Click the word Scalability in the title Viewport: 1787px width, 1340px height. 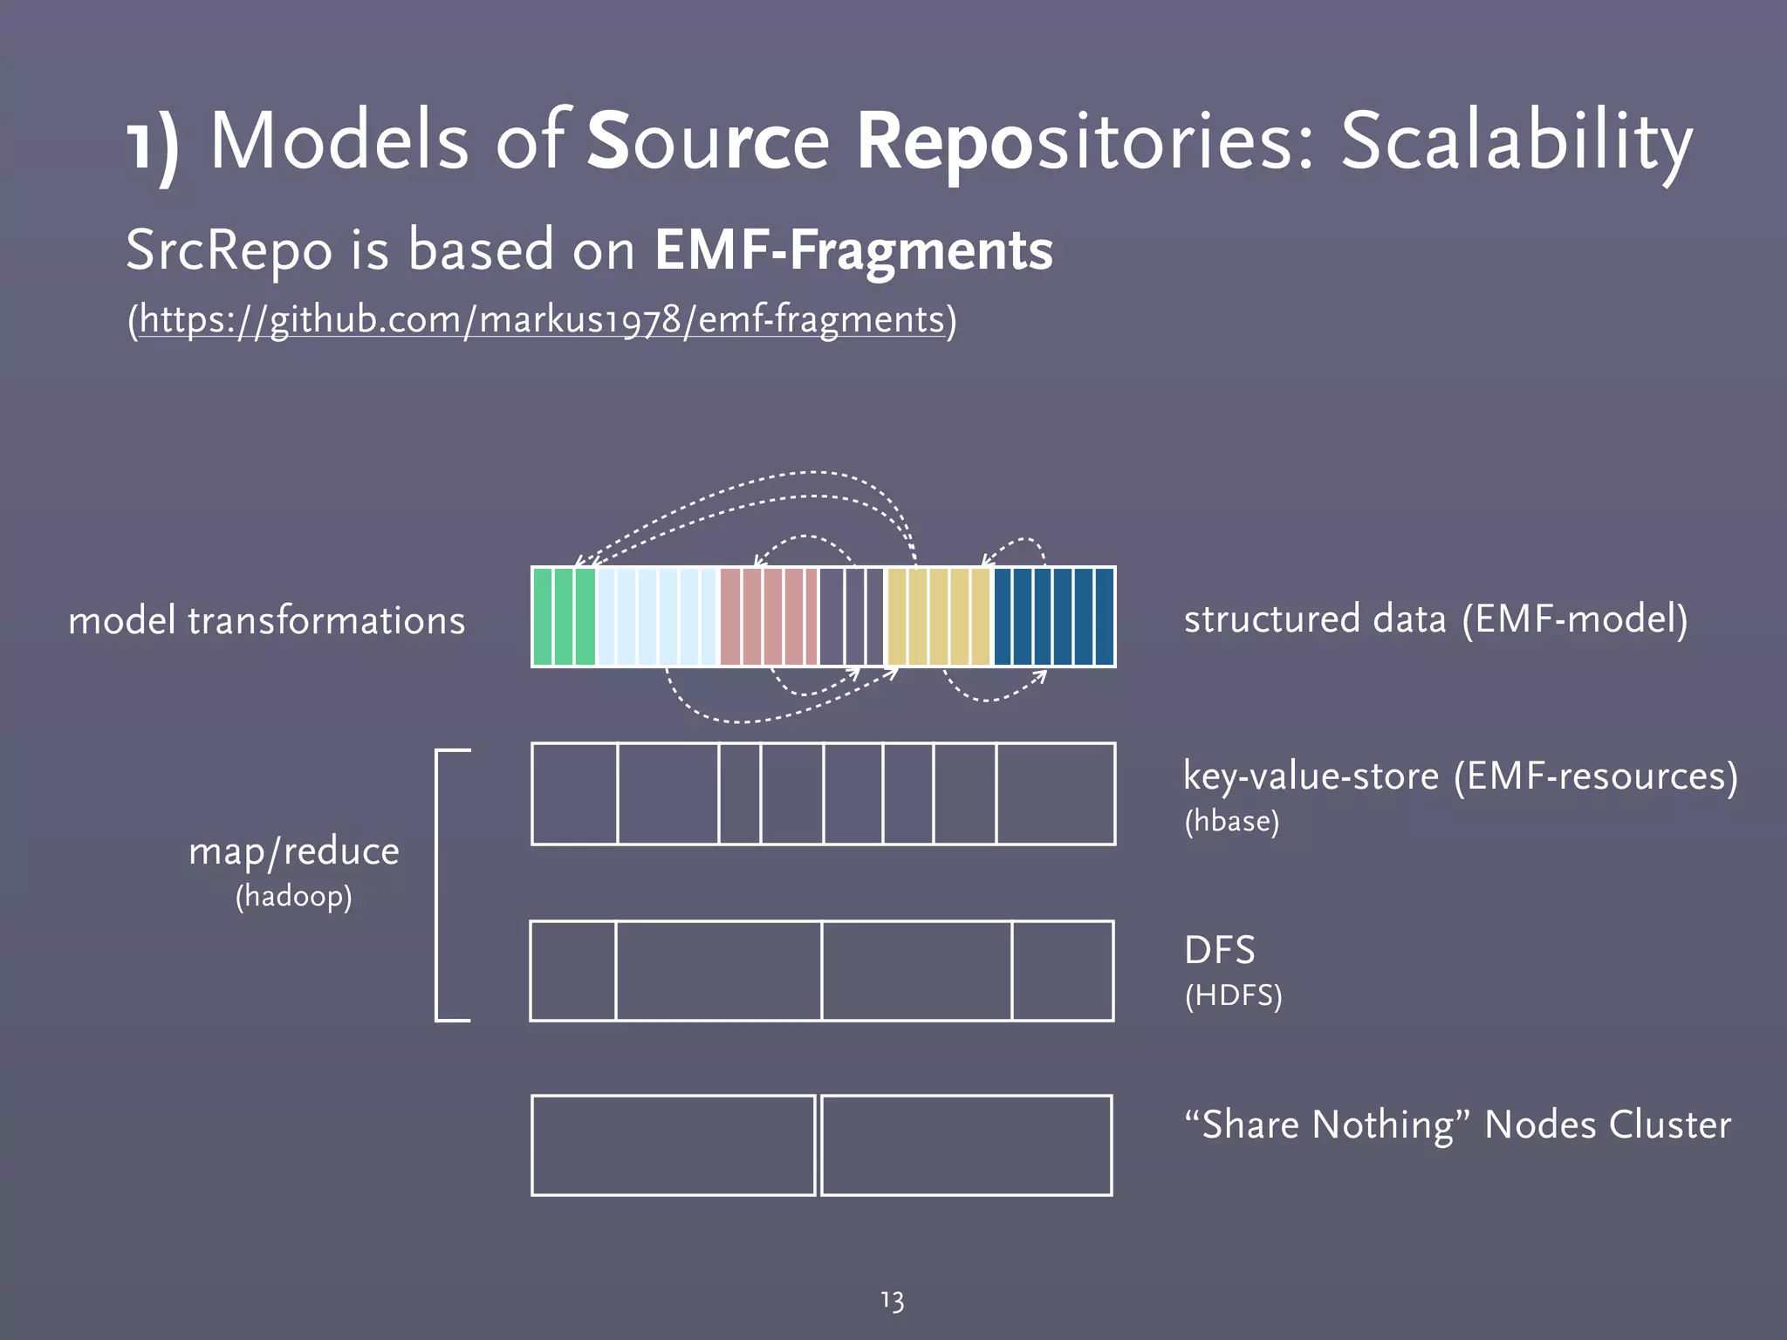click(x=1517, y=142)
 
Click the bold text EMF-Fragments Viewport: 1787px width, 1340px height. click(x=853, y=250)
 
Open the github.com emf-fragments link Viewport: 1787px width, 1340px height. click(x=542, y=319)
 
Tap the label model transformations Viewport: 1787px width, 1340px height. click(x=266, y=620)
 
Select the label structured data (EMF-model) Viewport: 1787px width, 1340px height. click(x=1435, y=619)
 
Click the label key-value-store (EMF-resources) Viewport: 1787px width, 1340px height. click(x=1460, y=776)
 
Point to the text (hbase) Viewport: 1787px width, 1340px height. click(x=1231, y=821)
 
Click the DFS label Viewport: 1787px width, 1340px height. click(x=1219, y=950)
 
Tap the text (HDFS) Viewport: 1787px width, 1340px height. click(x=1233, y=995)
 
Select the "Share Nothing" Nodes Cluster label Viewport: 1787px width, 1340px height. click(x=1457, y=1125)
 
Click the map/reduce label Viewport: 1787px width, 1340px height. click(x=293, y=851)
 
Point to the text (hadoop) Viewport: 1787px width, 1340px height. click(x=293, y=896)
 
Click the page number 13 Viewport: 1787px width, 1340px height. click(x=892, y=1301)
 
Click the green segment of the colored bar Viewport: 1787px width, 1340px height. click(x=564, y=617)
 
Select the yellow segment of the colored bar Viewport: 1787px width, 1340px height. click(x=939, y=617)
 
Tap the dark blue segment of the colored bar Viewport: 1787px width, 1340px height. click(x=1054, y=617)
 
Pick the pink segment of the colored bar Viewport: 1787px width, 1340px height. click(x=769, y=617)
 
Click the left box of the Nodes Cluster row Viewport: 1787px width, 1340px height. click(x=673, y=1145)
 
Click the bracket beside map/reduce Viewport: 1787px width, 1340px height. click(x=437, y=885)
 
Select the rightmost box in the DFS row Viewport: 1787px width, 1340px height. click(x=1063, y=970)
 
